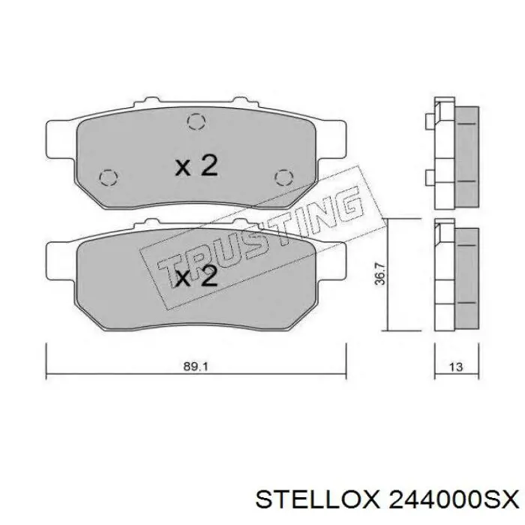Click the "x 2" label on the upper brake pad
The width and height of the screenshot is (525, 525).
pyautogui.click(x=196, y=166)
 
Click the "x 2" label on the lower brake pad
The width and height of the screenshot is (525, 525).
pyautogui.click(x=196, y=277)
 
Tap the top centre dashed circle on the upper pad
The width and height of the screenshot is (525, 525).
pyautogui.click(x=196, y=121)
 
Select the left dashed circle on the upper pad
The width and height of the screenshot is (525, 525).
pyautogui.click(x=108, y=177)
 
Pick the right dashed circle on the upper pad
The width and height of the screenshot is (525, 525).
pyautogui.click(x=283, y=177)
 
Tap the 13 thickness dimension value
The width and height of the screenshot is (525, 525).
pyautogui.click(x=454, y=367)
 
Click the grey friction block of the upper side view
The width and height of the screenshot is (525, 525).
pyautogui.click(x=467, y=155)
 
